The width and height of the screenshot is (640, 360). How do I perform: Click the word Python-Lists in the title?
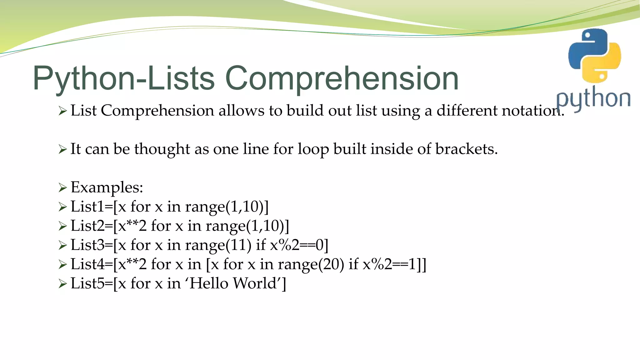tap(124, 79)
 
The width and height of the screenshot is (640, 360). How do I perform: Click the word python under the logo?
tap(593, 99)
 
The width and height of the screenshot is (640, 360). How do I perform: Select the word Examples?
tap(107, 187)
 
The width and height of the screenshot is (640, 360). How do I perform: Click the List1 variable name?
tap(87, 207)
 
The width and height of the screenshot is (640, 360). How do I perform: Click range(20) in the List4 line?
tap(311, 265)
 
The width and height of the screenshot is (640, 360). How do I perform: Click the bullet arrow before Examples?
tap(62, 188)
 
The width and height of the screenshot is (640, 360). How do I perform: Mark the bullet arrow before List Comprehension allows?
tap(62, 111)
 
